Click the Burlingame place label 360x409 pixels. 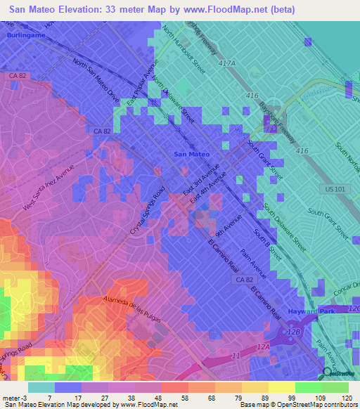click(26, 34)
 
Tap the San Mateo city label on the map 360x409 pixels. click(191, 154)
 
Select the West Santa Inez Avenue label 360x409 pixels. click(48, 192)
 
